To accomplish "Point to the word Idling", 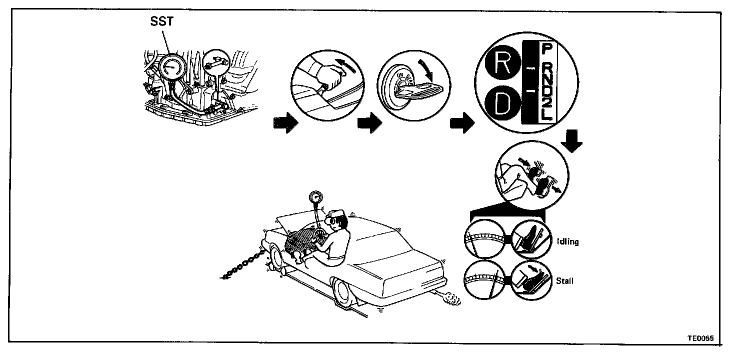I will [567, 241].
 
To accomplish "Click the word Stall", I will [564, 281].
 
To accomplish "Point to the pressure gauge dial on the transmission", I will [171, 68].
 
